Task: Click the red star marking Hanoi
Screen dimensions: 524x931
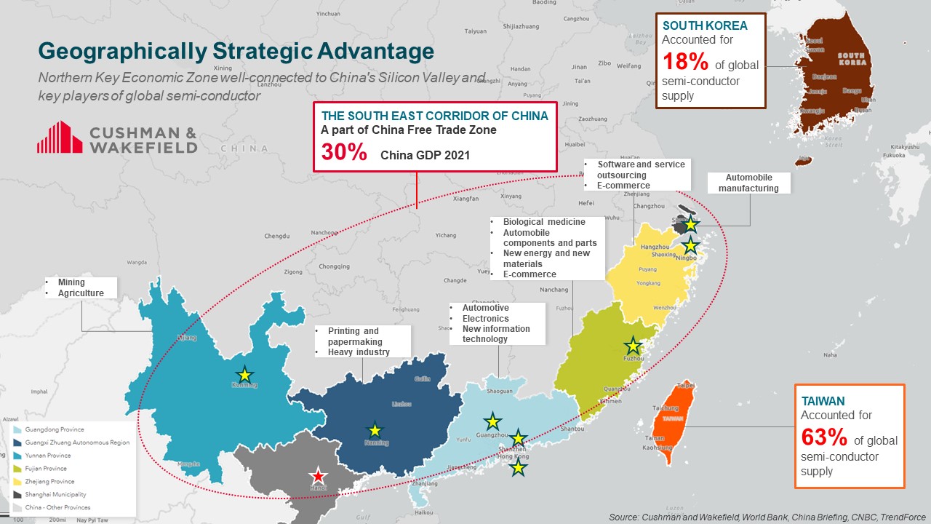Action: pos(317,477)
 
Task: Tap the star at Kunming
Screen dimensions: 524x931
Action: pos(245,375)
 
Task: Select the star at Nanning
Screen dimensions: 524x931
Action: pos(375,430)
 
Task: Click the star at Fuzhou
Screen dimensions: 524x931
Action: pos(634,346)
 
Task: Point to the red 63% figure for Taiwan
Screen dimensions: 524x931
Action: pos(823,437)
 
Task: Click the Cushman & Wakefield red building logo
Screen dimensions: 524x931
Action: pos(60,138)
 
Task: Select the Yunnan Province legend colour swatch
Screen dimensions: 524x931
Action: pos(17,456)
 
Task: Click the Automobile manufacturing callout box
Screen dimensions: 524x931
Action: pos(748,183)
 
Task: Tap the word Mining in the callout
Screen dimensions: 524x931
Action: pos(71,282)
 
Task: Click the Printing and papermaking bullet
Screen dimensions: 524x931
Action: pos(353,336)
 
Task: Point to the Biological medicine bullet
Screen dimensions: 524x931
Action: pos(544,222)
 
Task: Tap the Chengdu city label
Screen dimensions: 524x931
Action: pos(277,236)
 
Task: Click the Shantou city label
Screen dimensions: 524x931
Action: pos(572,429)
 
